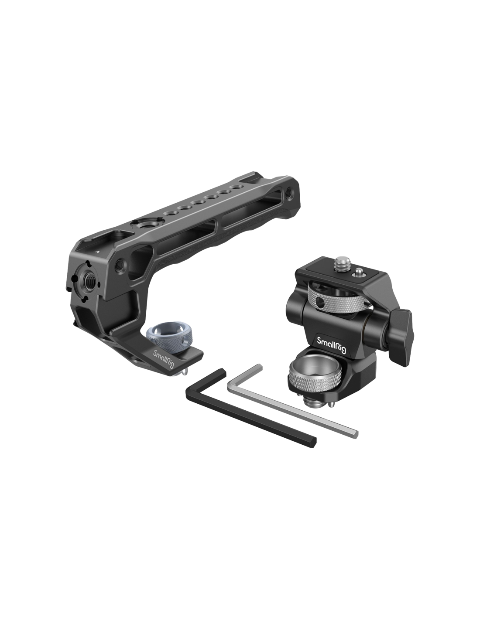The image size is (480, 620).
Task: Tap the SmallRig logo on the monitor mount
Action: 331,345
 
